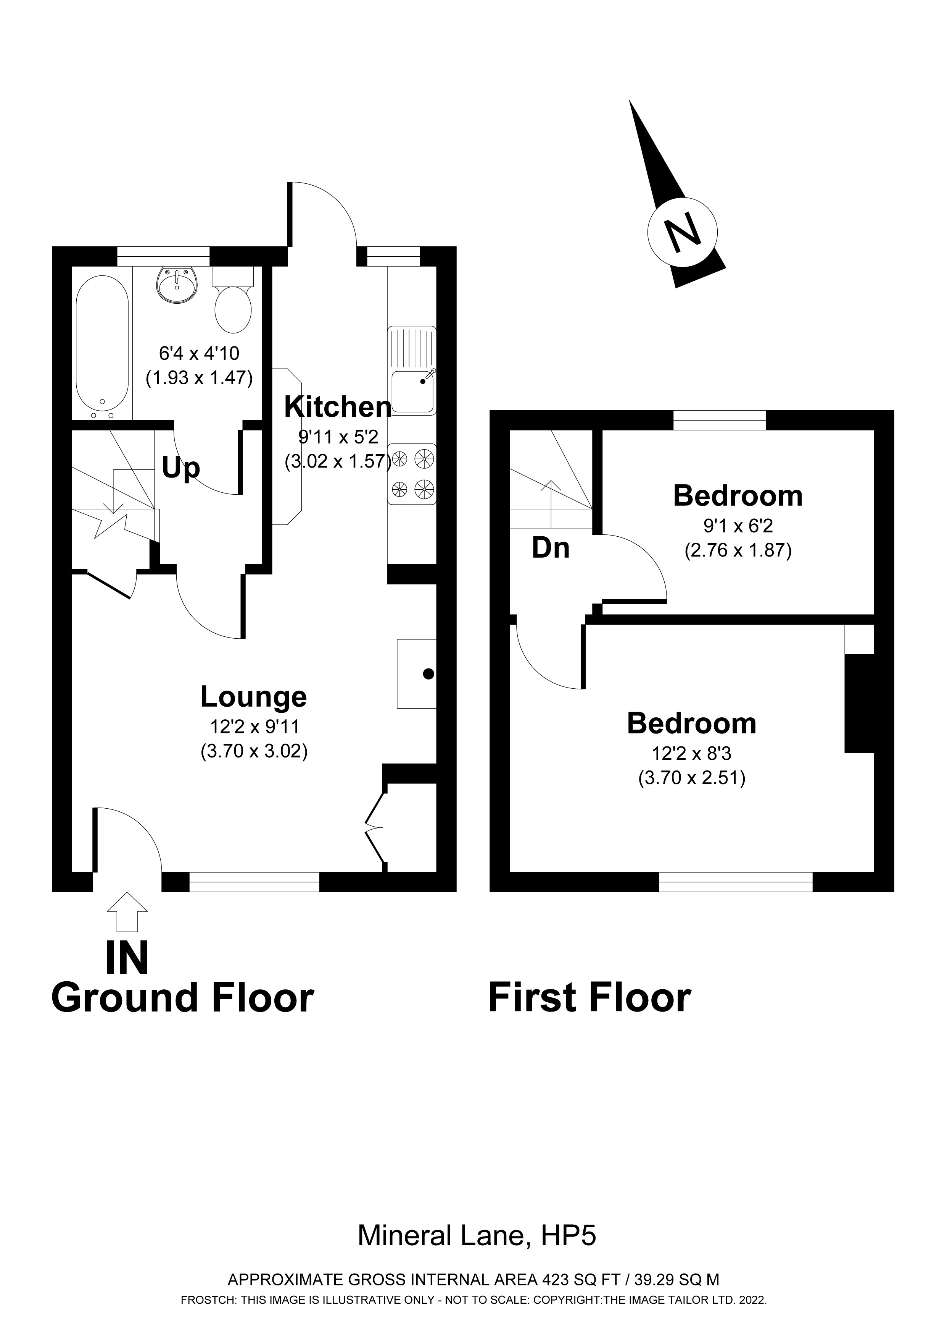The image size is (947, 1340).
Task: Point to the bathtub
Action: pos(102,347)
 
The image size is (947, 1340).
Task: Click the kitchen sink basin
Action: pos(413,391)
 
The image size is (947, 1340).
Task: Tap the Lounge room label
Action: pos(254,696)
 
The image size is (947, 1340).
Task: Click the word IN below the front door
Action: pos(127,958)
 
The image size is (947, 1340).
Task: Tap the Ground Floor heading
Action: pos(182,998)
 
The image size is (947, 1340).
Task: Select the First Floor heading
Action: pos(589,998)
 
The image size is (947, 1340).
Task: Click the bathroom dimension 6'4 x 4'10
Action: pos(199,353)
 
